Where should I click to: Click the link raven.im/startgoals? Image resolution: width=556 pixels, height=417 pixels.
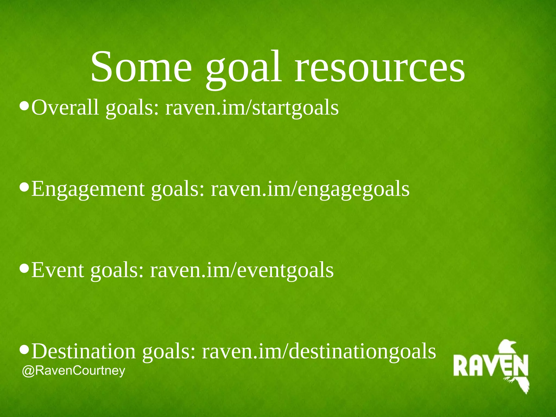tap(252, 108)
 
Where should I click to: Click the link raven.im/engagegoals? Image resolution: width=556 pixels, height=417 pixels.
tap(310, 189)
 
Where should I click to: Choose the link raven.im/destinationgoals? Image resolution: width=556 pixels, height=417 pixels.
tap(319, 351)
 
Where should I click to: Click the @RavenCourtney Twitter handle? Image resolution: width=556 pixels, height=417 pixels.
tap(74, 371)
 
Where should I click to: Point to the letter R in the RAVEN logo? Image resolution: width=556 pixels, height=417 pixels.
tap(461, 366)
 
